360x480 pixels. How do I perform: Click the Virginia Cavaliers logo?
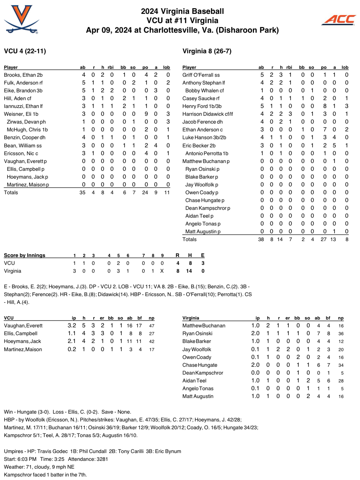click(x=21, y=20)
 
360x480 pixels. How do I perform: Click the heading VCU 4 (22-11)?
click(x=25, y=51)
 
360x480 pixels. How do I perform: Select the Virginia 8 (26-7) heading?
click(x=207, y=51)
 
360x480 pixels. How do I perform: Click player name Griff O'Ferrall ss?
click(x=201, y=75)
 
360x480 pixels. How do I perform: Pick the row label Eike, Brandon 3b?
click(x=23, y=91)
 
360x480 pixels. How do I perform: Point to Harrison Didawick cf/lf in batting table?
click(x=207, y=114)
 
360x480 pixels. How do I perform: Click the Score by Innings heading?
click(x=24, y=255)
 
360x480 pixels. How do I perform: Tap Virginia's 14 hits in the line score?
click(x=189, y=271)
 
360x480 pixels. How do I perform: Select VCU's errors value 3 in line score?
click(x=203, y=263)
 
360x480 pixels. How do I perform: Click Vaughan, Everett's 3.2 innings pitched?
click(x=72, y=326)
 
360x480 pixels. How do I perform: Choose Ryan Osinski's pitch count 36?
click(x=341, y=334)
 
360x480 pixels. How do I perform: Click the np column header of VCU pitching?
click(x=151, y=318)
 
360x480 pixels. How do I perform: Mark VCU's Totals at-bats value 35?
click(x=82, y=192)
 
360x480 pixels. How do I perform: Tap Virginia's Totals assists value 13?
click(x=333, y=239)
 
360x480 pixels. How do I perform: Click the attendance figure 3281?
click(x=101, y=459)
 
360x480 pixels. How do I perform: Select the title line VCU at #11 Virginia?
click(x=182, y=21)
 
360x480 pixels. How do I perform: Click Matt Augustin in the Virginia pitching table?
click(x=198, y=396)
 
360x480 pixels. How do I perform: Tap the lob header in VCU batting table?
click(x=166, y=67)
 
